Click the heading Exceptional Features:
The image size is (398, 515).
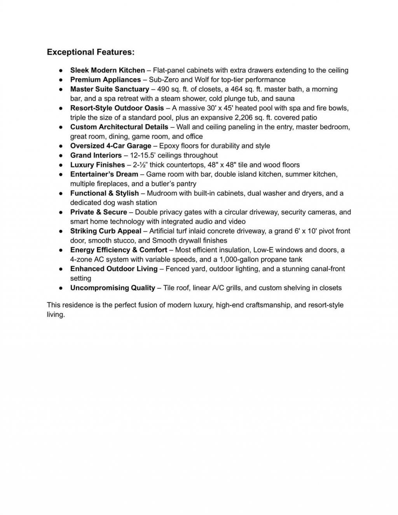point(91,52)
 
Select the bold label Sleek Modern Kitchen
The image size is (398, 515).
point(107,70)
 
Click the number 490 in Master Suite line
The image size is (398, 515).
point(163,89)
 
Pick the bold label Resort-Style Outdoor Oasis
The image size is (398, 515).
point(117,108)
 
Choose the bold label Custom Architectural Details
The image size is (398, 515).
point(119,127)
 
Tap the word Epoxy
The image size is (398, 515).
point(168,146)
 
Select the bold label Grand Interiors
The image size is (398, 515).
point(96,155)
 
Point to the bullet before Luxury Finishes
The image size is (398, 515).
point(61,165)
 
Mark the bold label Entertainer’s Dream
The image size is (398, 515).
point(104,174)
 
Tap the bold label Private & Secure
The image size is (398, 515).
point(98,212)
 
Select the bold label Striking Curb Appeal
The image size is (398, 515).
point(106,231)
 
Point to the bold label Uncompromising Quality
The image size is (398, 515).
point(113,288)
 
